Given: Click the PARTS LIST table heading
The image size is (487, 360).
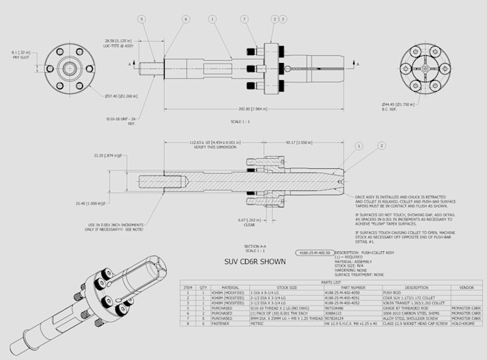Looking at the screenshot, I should pos(332,283).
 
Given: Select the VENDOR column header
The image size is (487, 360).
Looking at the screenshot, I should pos(466,288).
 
